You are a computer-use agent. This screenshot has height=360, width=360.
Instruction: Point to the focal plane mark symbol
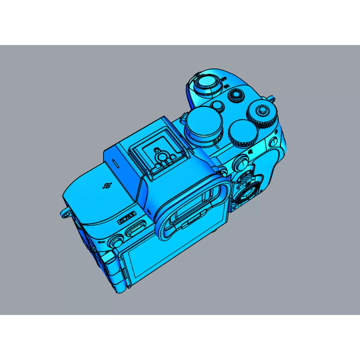(x=107, y=186)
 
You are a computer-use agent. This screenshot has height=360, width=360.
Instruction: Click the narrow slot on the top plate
(x=115, y=163)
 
